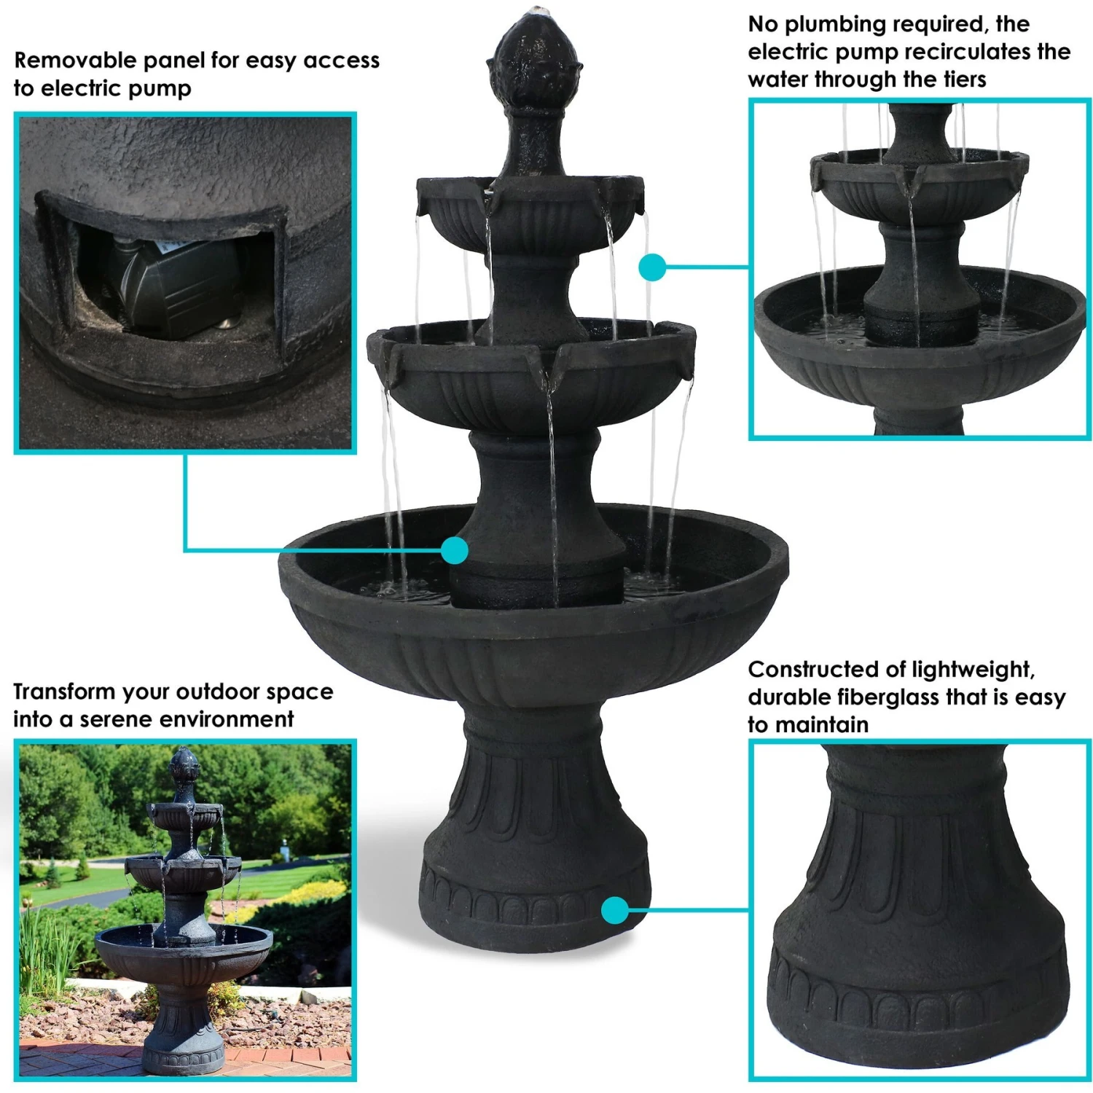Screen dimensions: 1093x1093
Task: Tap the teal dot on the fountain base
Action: [x=616, y=909]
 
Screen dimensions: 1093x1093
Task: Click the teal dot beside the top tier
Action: [x=652, y=267]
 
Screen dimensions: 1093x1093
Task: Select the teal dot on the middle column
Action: [x=455, y=550]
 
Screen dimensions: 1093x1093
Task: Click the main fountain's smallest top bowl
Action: [x=530, y=211]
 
